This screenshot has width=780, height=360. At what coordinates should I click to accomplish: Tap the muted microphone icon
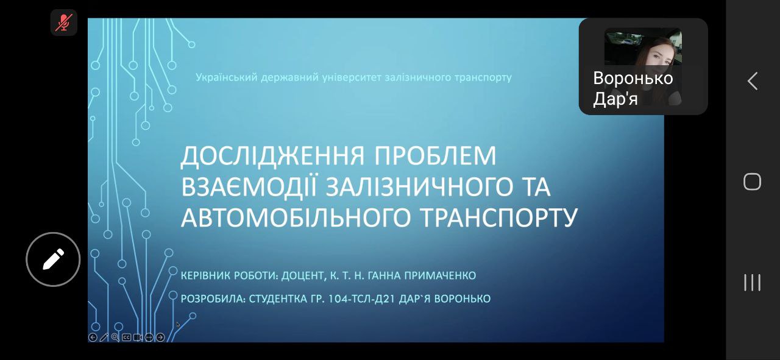tap(64, 23)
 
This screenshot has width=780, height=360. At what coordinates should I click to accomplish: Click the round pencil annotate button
tap(53, 259)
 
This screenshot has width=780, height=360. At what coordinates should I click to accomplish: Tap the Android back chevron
tap(753, 81)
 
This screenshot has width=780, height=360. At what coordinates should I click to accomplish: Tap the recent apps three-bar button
tap(752, 283)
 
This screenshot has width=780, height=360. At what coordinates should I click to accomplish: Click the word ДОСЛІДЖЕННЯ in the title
tap(272, 156)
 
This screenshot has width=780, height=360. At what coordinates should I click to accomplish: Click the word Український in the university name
tap(226, 77)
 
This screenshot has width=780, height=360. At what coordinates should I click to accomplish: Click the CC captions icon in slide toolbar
tap(126, 337)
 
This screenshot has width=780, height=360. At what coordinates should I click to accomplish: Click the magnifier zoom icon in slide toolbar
tap(115, 337)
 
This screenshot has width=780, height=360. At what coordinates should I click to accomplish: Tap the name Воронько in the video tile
tap(633, 78)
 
